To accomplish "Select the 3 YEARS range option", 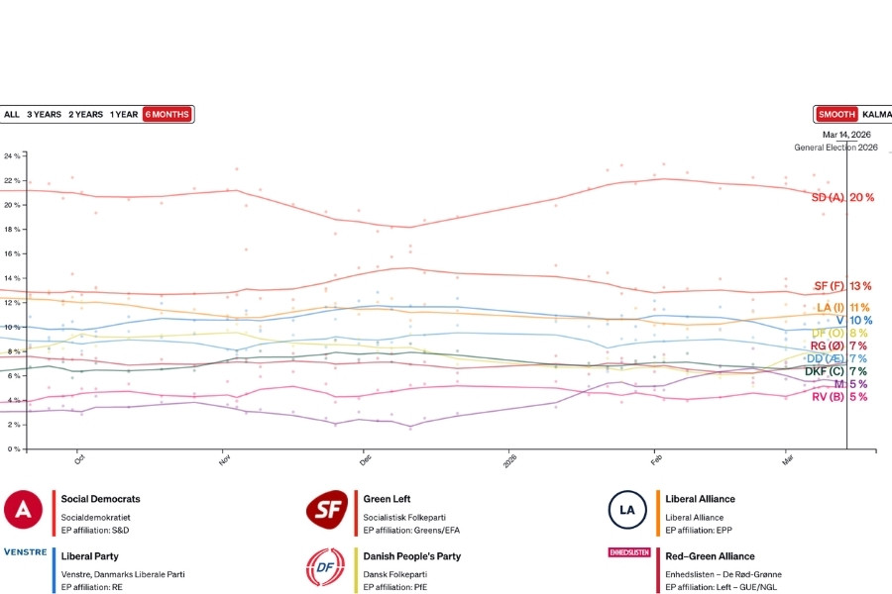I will click(x=44, y=114).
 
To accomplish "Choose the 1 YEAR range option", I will click(x=124, y=114).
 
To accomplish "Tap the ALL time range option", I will click(x=12, y=114).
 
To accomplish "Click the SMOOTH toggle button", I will click(x=836, y=114).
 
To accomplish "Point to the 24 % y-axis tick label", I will click(x=12, y=156).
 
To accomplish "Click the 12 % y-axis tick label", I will click(x=12, y=302).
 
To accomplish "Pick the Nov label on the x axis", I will click(x=225, y=459).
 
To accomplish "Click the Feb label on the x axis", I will click(x=656, y=459).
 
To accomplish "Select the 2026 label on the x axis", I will click(x=510, y=459).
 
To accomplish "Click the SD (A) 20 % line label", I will click(x=842, y=198).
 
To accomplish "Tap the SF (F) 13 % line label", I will click(x=843, y=286).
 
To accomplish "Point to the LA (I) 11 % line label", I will click(x=843, y=308).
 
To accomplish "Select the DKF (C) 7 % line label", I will click(x=836, y=371).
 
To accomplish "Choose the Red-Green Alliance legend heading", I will click(x=710, y=556).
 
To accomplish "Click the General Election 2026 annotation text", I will click(x=836, y=148).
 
